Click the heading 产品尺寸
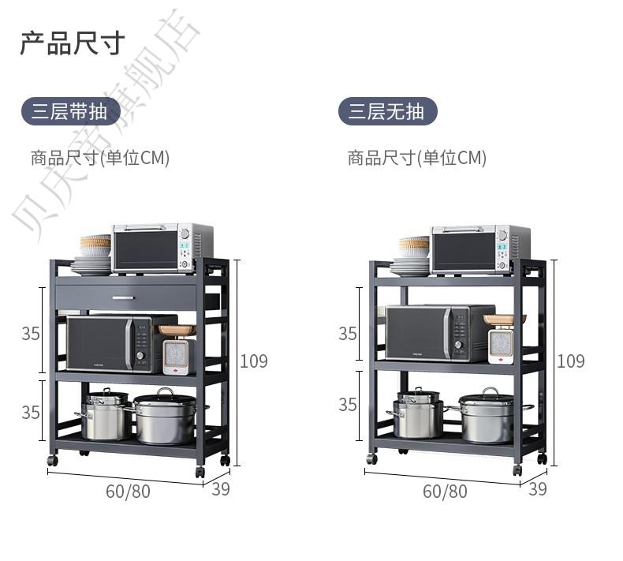(x=72, y=43)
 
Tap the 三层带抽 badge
(x=70, y=112)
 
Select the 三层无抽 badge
(x=387, y=112)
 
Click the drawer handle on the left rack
(x=124, y=297)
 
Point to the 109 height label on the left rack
(x=254, y=361)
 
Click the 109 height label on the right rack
(x=571, y=361)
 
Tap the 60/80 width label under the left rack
(x=128, y=492)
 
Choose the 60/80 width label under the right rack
(x=445, y=492)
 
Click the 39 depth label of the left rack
(x=221, y=489)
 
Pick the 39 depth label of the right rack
(x=538, y=489)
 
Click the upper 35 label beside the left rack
(x=31, y=334)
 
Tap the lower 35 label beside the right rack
(x=348, y=405)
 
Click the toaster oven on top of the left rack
(x=162, y=248)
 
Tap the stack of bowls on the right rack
(x=414, y=247)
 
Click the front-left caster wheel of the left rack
(x=52, y=459)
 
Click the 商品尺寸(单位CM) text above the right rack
(x=417, y=158)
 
